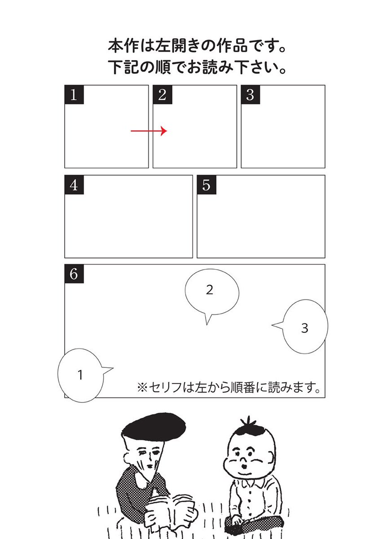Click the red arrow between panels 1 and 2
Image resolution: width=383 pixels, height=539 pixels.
pyautogui.click(x=149, y=131)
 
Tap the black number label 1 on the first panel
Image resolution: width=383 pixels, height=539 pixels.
pyautogui.click(x=74, y=95)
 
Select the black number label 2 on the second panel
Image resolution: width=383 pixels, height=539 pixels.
pyautogui.click(x=163, y=95)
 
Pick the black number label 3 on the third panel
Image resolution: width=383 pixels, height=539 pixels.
pyautogui.click(x=251, y=95)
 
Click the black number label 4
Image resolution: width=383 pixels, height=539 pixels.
pyautogui.click(x=74, y=185)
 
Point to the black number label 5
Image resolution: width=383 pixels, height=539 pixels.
pyautogui.click(x=207, y=185)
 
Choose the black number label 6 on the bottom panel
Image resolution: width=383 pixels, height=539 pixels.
pyautogui.click(x=74, y=274)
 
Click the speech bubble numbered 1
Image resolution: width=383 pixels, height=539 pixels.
pyautogui.click(x=80, y=375)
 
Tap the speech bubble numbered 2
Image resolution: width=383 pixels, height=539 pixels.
pyautogui.click(x=212, y=292)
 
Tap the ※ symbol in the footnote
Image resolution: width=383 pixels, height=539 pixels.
pyautogui.click(x=142, y=387)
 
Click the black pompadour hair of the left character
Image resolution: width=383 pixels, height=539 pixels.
pyautogui.click(x=154, y=428)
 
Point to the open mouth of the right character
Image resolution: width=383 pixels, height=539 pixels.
pyautogui.click(x=245, y=466)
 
